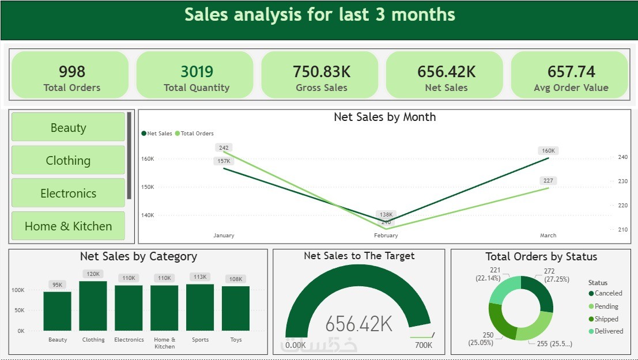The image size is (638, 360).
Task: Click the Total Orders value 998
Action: pos(71,71)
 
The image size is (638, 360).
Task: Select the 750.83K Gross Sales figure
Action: pos(322,71)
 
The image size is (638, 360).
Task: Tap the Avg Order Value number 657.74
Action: pos(571,71)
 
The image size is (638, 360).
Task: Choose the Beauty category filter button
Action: pos(68,127)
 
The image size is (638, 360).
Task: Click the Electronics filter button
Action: pos(68,193)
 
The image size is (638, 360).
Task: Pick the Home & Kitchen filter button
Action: pos(68,226)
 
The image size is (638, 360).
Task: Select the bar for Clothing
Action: pos(93,306)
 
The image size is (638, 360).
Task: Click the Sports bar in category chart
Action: pos(200,308)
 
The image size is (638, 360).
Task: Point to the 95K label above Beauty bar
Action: pos(58,285)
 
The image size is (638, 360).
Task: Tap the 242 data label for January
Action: pos(224,148)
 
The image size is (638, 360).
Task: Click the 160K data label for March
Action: pos(548,151)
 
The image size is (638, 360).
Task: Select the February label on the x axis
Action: pos(386,236)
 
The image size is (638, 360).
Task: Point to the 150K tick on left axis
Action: pos(148,187)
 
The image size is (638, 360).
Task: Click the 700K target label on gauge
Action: pos(423,345)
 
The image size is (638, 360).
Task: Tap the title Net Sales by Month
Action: pos(384,117)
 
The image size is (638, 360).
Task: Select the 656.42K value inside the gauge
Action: pos(358,324)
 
